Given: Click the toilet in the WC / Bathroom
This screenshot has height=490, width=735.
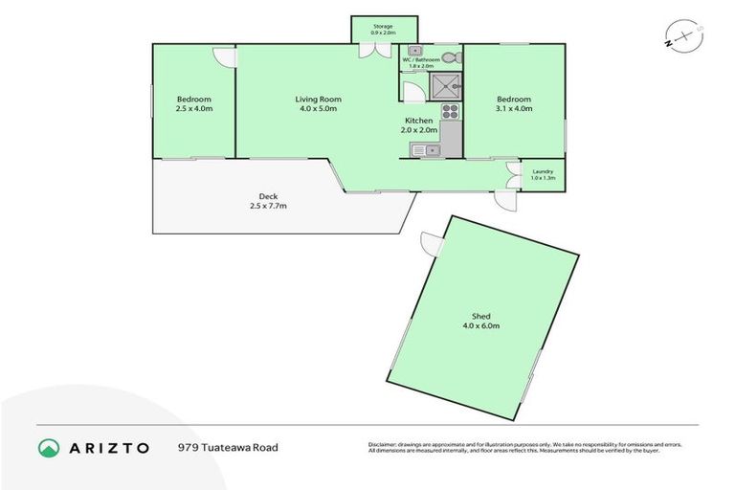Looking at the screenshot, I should (455, 57).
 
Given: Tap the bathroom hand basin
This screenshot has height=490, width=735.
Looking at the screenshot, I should (413, 51).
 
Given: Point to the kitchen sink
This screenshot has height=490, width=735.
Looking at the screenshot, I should (424, 149).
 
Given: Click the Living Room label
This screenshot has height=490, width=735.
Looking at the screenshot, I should (318, 100).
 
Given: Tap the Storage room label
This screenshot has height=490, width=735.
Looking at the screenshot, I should (385, 26).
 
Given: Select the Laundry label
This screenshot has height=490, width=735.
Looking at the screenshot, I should (543, 171).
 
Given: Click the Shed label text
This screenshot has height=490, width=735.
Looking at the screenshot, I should (482, 316).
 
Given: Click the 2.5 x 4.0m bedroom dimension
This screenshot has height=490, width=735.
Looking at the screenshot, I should (193, 109).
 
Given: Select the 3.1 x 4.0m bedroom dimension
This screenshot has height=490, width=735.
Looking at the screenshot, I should (514, 109).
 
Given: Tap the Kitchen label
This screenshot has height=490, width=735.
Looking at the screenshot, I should (419, 121).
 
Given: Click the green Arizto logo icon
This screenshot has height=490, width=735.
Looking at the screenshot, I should (48, 447).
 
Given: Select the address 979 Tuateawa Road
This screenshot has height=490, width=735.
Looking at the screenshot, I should (228, 447).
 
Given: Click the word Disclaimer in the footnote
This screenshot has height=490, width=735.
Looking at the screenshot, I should (384, 444).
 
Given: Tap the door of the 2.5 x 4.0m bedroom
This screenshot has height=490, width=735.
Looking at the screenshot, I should (224, 56).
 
